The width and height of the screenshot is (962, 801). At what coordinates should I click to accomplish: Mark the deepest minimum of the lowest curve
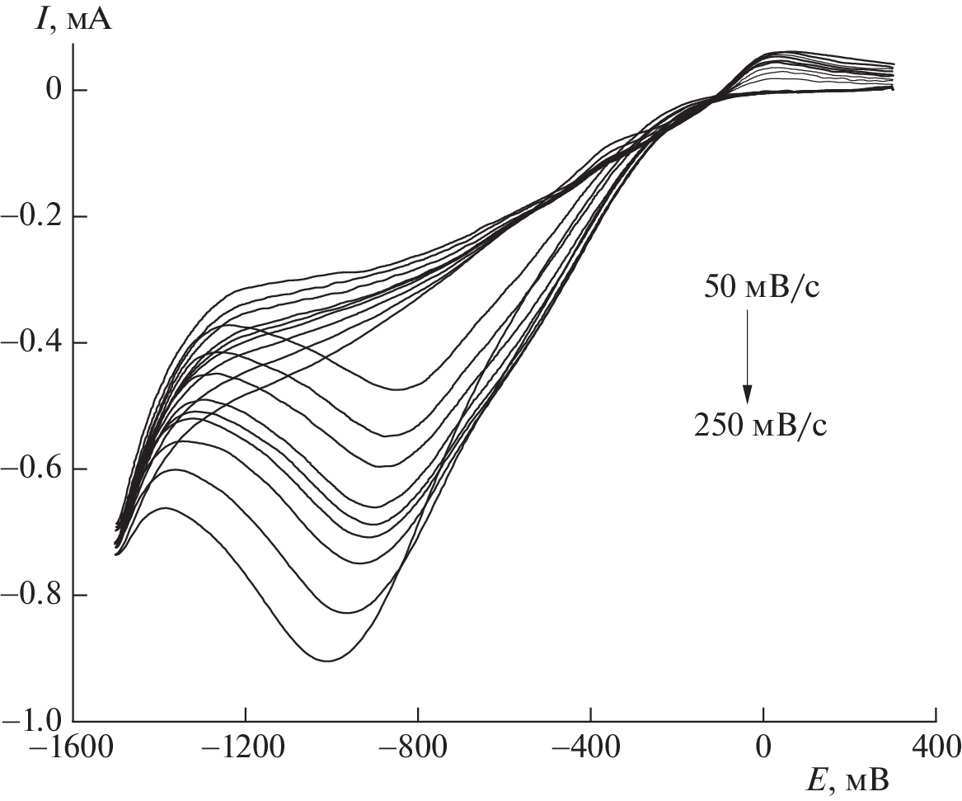click(x=327, y=661)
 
